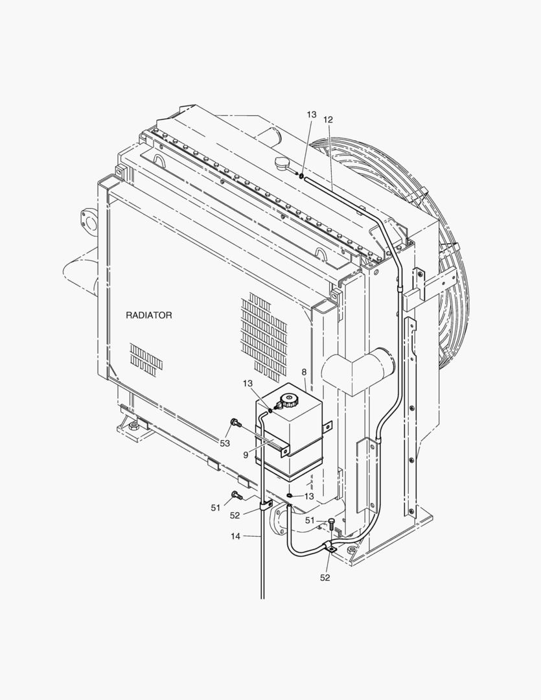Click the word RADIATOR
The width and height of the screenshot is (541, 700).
(x=148, y=315)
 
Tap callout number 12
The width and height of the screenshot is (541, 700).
(x=328, y=120)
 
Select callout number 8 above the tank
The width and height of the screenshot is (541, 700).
(x=304, y=372)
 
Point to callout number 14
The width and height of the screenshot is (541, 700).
(x=236, y=536)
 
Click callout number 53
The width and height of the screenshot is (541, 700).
(x=225, y=443)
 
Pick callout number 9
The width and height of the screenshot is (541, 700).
(x=246, y=455)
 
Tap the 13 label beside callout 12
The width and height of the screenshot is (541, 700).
(x=312, y=115)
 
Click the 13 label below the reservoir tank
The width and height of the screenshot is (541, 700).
(x=309, y=496)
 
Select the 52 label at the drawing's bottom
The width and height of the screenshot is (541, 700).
(x=325, y=577)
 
